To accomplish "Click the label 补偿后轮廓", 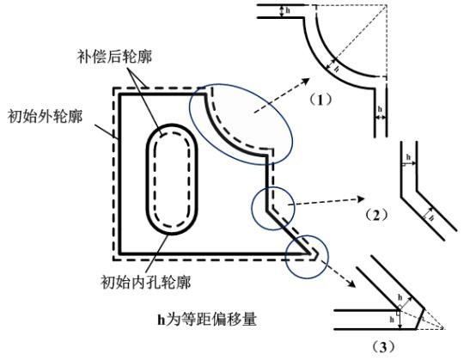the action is (114, 57).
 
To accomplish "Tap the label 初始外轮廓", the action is (46, 116).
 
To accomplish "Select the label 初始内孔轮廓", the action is (146, 283).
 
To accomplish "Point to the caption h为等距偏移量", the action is (207, 319).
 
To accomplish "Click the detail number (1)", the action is (320, 100).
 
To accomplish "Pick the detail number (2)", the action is (376, 215).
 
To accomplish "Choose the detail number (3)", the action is (384, 347).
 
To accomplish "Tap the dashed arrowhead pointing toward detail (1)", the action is (305, 82).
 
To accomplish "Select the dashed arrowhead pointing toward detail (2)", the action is (361, 199).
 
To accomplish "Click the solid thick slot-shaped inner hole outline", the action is (147, 179).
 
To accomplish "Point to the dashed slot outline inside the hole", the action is (155, 179).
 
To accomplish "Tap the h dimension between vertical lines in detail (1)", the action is (380, 113).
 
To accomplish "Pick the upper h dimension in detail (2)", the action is (409, 161).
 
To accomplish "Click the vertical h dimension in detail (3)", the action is (397, 320).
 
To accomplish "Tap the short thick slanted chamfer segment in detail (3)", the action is (420, 319).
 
